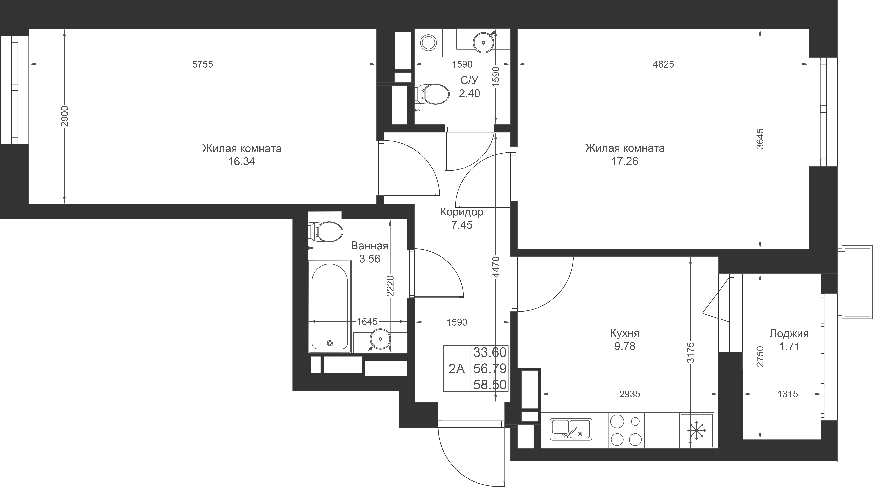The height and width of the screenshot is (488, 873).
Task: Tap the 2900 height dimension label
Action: click(64, 116)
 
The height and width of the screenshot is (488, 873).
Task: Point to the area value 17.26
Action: click(625, 161)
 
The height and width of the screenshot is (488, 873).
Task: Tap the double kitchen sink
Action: click(571, 429)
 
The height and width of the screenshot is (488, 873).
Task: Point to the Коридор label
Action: click(462, 212)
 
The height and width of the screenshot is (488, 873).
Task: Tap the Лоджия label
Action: click(789, 334)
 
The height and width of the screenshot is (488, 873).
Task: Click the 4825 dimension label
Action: click(663, 64)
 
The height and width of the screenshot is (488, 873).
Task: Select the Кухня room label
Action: click(625, 333)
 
